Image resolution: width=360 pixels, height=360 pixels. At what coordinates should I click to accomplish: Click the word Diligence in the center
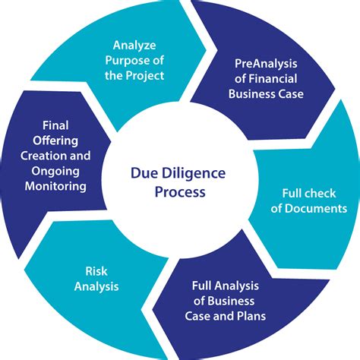194,174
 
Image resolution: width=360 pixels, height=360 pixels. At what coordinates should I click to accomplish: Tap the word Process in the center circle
179,192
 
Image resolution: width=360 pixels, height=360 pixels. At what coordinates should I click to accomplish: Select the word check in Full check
317,192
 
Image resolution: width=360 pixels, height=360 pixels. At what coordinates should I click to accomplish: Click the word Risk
97,270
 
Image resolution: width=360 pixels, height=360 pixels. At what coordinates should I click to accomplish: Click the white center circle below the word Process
179,220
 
